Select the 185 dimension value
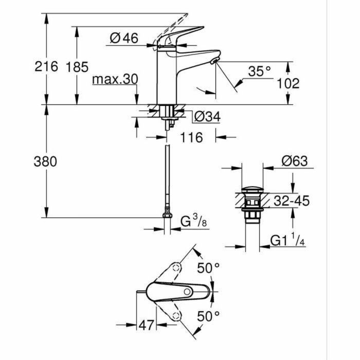pyautogui.click(x=77, y=66)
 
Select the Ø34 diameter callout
pyautogui.click(x=207, y=117)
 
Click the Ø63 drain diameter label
pyautogui.click(x=294, y=161)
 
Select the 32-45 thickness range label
pyautogui.click(x=291, y=201)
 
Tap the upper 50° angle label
pyautogui.click(x=209, y=268)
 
